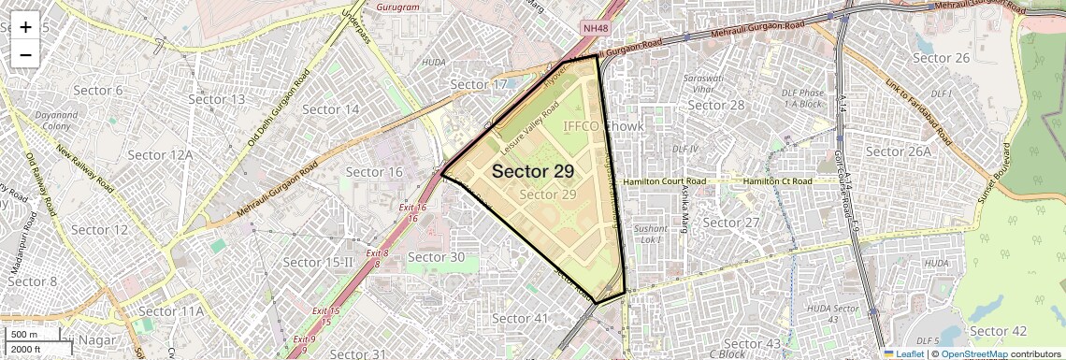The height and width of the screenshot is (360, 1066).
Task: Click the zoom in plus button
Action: (25, 26)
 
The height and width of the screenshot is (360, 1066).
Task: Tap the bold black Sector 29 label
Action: (533, 171)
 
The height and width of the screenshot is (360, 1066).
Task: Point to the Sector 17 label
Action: (478, 85)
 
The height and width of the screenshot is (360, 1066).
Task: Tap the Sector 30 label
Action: (437, 257)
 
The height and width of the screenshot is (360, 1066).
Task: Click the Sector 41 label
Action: (519, 319)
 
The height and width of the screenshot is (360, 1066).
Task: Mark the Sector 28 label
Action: (717, 105)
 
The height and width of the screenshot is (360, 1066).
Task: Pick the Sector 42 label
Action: (998, 331)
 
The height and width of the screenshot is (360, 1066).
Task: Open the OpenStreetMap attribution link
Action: (973, 353)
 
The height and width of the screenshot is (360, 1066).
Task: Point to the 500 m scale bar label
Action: (24, 335)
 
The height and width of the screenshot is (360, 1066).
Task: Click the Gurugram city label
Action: (397, 7)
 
